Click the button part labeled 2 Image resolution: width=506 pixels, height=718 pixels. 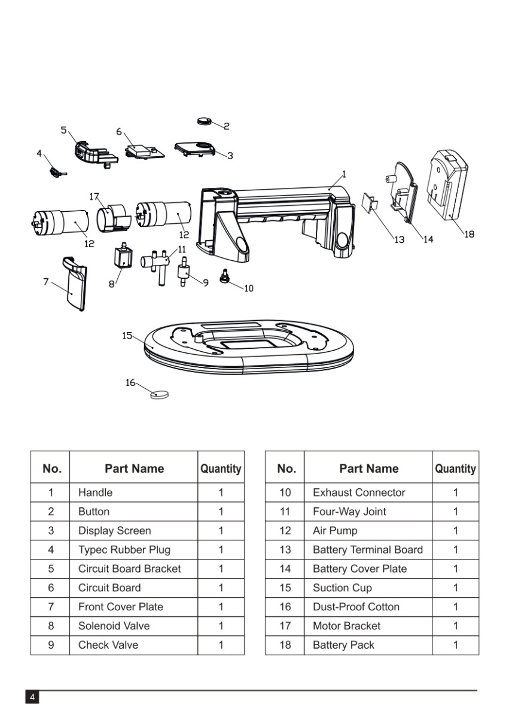[205, 121]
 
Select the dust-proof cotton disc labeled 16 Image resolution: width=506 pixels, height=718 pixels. [160, 394]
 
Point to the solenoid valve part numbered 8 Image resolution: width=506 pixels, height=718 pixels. [121, 259]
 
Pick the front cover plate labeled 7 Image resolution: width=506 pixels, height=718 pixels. [75, 285]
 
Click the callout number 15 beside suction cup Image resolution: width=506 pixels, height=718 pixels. [127, 336]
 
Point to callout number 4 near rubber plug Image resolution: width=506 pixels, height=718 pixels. [39, 153]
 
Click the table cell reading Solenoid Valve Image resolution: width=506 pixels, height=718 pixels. [114, 626]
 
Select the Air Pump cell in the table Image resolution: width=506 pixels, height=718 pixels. [335, 531]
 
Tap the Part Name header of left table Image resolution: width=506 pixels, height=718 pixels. [134, 468]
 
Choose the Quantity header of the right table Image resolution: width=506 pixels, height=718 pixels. [455, 469]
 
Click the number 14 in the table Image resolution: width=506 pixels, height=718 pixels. [285, 569]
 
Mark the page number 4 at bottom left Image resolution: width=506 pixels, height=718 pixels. [32, 698]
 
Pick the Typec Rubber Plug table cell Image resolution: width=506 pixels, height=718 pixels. [124, 550]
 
